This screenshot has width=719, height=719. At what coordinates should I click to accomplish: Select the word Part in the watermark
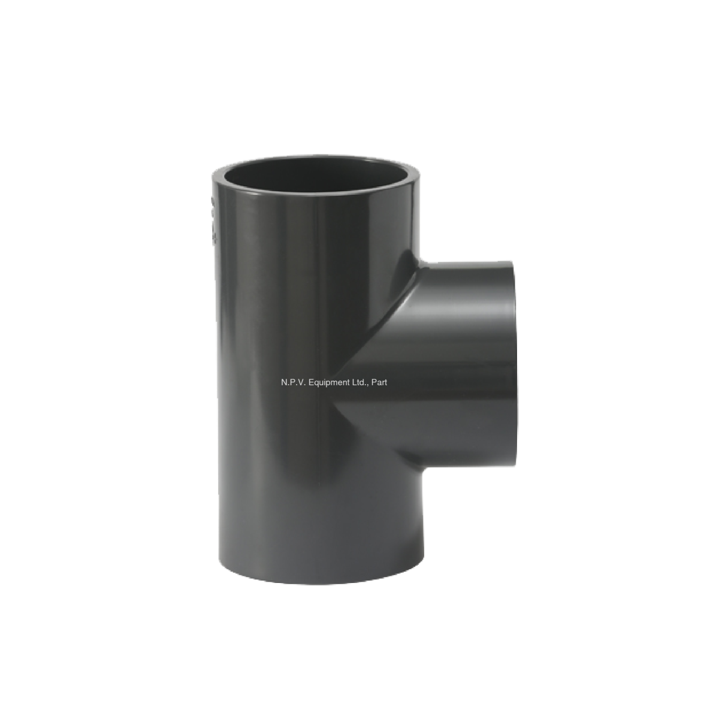pyautogui.click(x=379, y=381)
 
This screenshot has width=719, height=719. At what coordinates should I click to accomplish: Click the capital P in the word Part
pyautogui.click(x=373, y=381)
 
